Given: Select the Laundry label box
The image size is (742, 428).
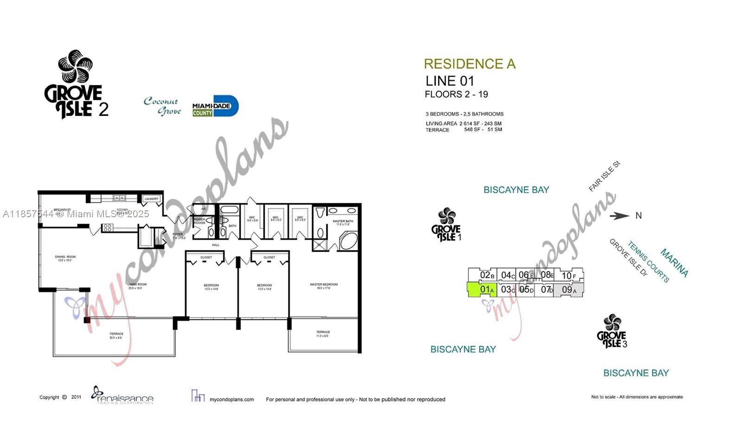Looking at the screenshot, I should pyautogui.click(x=151, y=199).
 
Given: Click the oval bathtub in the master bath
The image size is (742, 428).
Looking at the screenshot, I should pyautogui.click(x=348, y=241).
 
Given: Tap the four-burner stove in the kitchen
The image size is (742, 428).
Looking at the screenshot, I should pyautogui.click(x=108, y=227).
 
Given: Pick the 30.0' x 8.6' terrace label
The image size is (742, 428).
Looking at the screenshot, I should pyautogui.click(x=116, y=336).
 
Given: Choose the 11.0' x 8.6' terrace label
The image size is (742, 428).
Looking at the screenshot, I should pyautogui.click(x=323, y=334).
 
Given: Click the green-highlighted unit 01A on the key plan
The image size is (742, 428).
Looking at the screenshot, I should pyautogui.click(x=482, y=290).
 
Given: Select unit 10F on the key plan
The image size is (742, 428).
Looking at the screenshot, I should pyautogui.click(x=569, y=276).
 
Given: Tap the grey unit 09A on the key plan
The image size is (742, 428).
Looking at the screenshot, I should pyautogui.click(x=569, y=290).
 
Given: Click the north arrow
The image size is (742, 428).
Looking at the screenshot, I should pyautogui.click(x=620, y=215).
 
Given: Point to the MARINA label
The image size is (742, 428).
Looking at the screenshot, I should pyautogui.click(x=674, y=263).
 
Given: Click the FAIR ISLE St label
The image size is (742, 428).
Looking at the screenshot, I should pyautogui.click(x=604, y=176).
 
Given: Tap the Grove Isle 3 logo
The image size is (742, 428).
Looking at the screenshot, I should pyautogui.click(x=612, y=331).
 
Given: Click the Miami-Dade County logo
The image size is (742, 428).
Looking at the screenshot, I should pyautogui.click(x=215, y=106).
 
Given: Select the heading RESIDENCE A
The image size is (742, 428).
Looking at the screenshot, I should pyautogui.click(x=469, y=64).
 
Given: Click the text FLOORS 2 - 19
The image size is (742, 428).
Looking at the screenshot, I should pyautogui.click(x=456, y=95).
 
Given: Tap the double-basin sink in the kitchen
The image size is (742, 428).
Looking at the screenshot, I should pyautogui.click(x=120, y=198).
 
